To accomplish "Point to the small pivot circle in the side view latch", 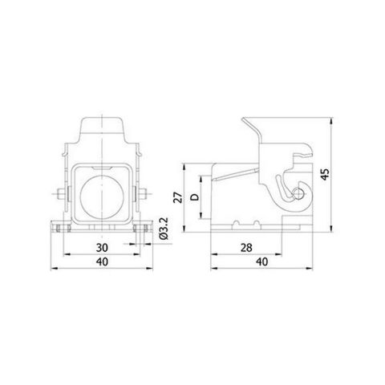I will pyautogui.click(x=298, y=192).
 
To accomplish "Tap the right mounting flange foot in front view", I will pyautogui.click(x=140, y=228).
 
